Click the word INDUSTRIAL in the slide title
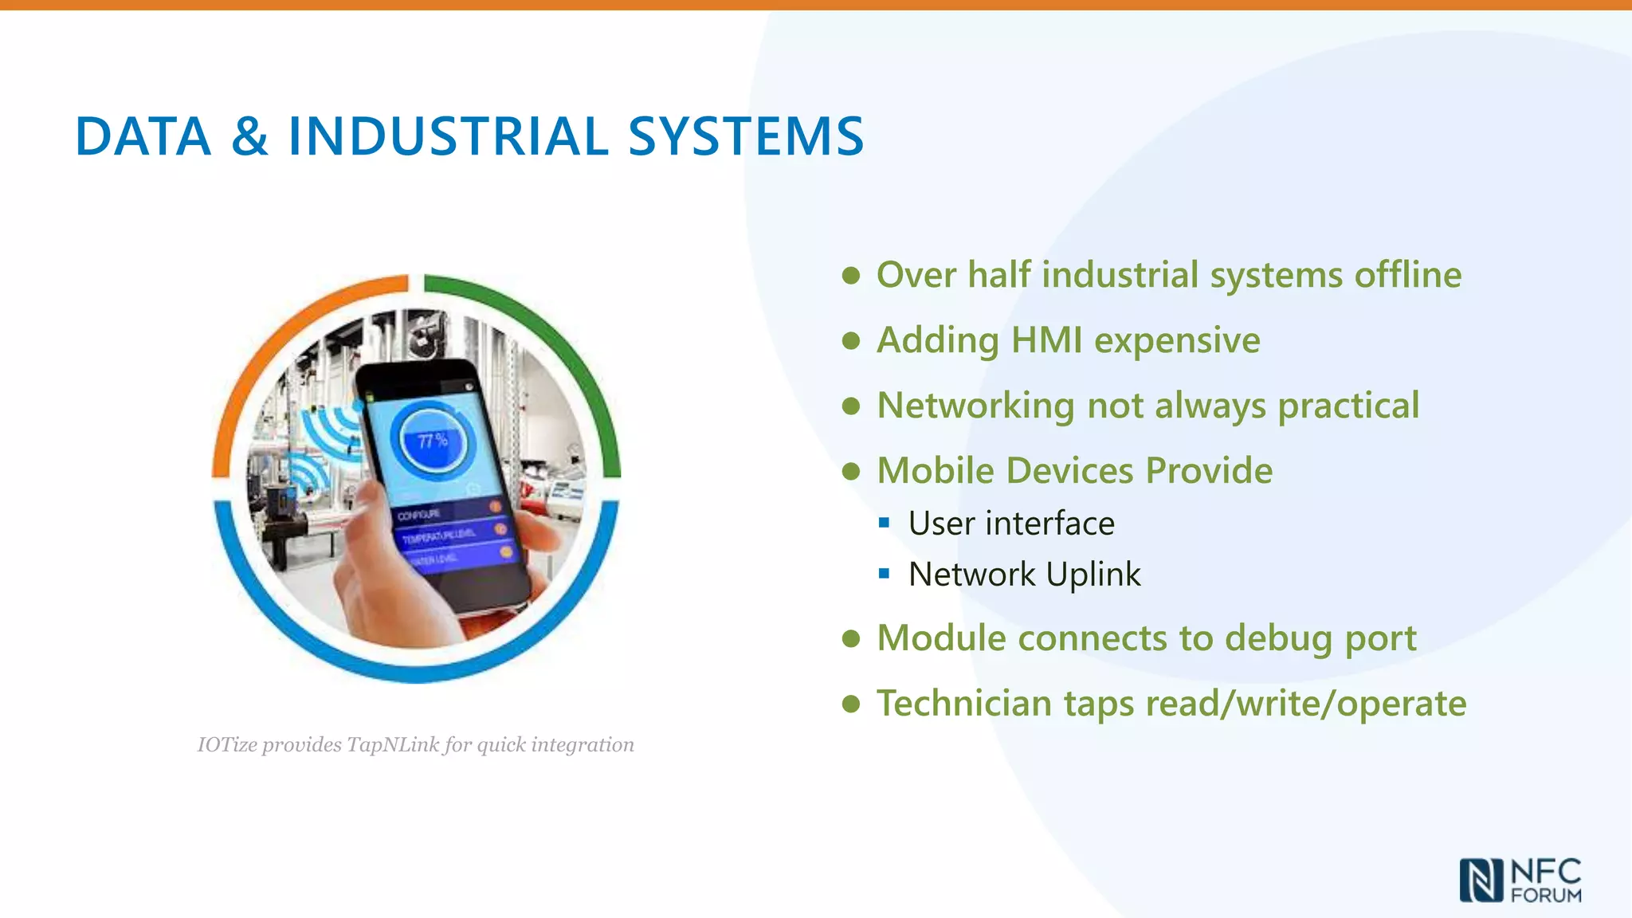pyautogui.click(x=448, y=136)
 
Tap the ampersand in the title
pyautogui.click(x=249, y=136)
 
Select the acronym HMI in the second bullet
pyautogui.click(x=1046, y=340)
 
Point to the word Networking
pyautogui.click(x=975, y=406)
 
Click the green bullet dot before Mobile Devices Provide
pyautogui.click(x=851, y=471)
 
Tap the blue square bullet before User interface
pyautogui.click(x=884, y=524)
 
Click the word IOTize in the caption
pyautogui.click(x=227, y=744)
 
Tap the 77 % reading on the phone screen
pyautogui.click(x=432, y=441)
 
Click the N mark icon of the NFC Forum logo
pyautogui.click(x=1481, y=880)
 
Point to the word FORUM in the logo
pyautogui.click(x=1546, y=895)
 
